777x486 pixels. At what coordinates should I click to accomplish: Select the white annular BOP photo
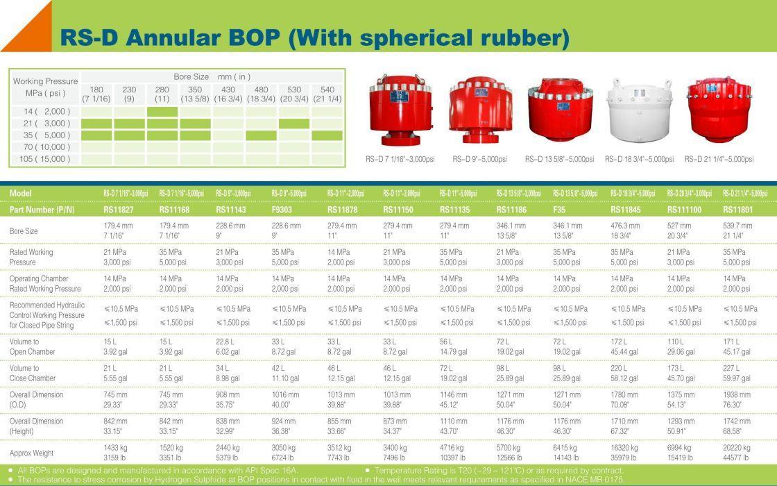639,110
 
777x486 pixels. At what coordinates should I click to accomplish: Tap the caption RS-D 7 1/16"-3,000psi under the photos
400,159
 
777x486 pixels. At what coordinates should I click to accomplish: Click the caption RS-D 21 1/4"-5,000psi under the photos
719,159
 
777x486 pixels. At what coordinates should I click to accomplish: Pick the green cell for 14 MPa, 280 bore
162,112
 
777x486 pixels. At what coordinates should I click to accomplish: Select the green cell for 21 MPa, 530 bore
294,124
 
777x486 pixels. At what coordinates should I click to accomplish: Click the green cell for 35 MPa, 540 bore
327,135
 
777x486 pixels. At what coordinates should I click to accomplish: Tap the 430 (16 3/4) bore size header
228,94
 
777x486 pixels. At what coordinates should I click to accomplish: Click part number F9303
282,210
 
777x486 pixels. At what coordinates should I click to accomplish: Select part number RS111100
684,210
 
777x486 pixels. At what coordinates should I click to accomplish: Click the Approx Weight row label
31,453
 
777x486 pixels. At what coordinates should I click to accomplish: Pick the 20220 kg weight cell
736,448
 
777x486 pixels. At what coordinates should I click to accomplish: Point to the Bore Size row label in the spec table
24,231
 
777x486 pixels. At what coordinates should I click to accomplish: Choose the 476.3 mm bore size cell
625,226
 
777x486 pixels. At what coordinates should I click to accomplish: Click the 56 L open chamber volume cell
446,342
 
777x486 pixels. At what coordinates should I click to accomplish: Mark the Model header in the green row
20,194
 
